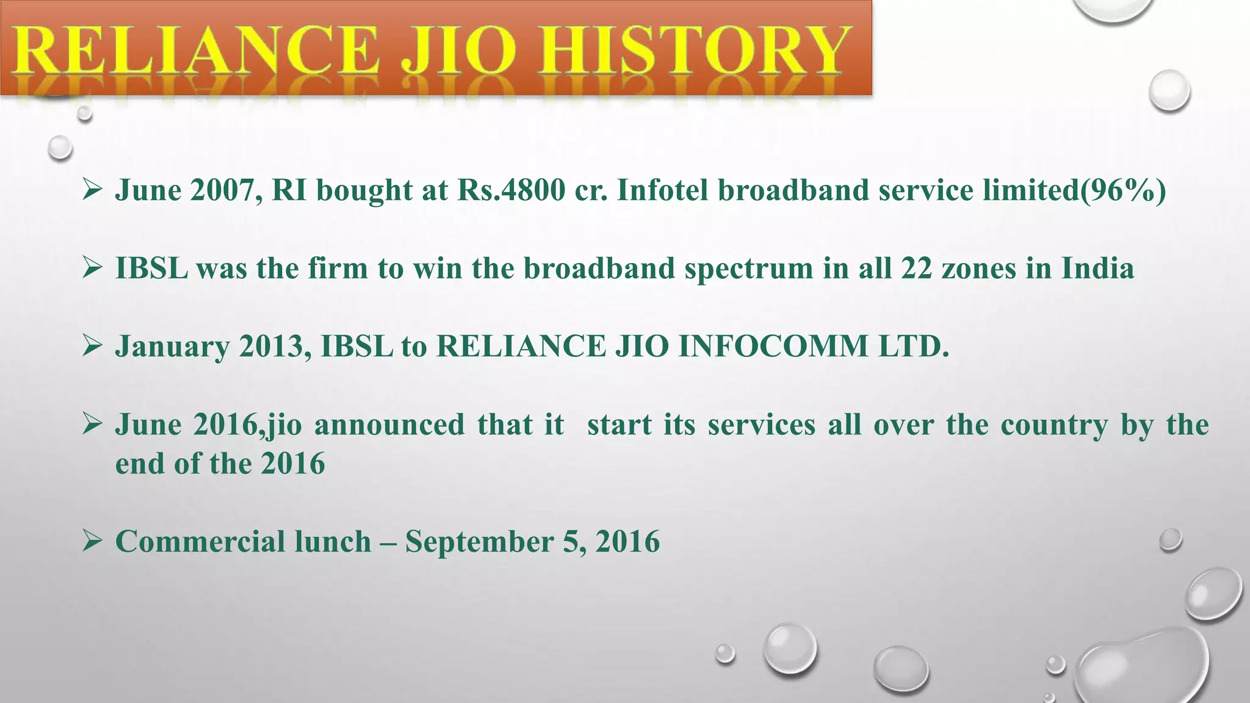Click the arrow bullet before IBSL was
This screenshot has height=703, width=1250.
click(x=92, y=269)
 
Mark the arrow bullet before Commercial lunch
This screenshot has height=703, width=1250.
click(x=92, y=541)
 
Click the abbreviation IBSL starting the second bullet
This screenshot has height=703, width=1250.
click(x=151, y=269)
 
